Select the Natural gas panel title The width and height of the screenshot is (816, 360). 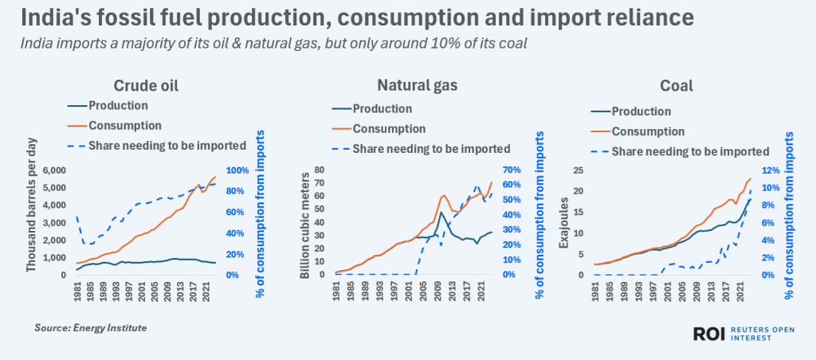(406, 85)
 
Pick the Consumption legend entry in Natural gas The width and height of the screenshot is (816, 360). (389, 128)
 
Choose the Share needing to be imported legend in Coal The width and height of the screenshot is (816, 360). (692, 151)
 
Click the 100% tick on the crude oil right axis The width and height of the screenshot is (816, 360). (238, 170)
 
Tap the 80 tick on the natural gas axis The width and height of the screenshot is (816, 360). (321, 170)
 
